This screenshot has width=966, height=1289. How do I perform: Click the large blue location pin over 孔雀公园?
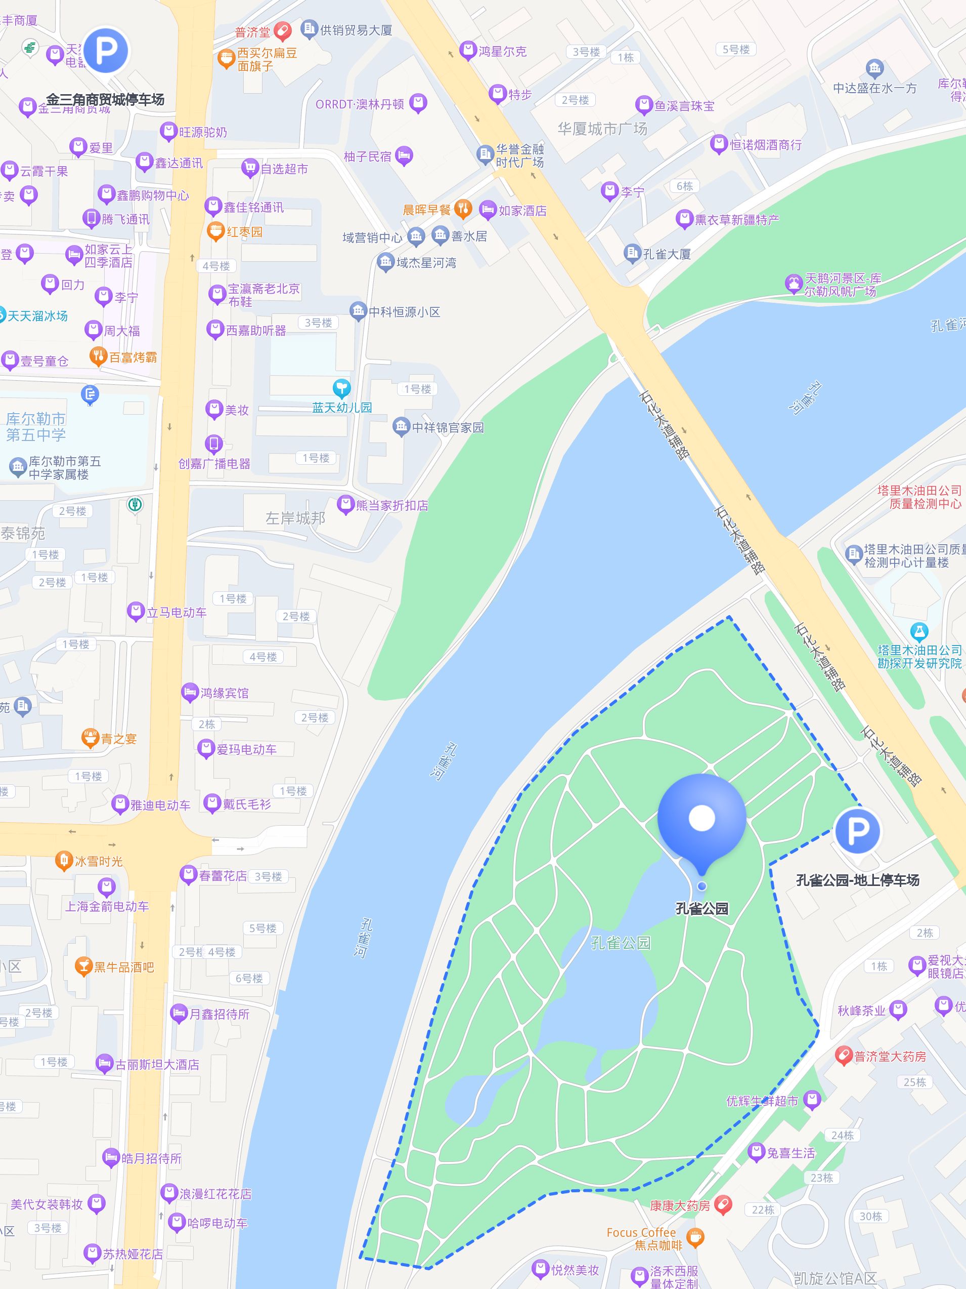click(x=701, y=819)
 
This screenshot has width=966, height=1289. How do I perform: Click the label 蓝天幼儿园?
click(x=342, y=408)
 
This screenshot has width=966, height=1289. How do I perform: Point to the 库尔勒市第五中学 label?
click(x=36, y=427)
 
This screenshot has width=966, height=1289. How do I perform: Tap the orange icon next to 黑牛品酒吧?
click(x=84, y=967)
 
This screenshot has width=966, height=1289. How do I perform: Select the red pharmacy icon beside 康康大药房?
click(x=723, y=1205)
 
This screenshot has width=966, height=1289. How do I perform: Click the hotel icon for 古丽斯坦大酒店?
click(x=104, y=1065)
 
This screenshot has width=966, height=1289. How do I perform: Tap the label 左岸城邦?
click(x=295, y=517)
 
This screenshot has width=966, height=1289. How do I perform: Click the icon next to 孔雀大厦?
click(x=632, y=254)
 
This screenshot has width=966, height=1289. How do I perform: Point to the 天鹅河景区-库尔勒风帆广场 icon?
click(x=793, y=285)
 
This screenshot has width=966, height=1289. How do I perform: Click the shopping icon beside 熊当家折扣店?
click(x=346, y=504)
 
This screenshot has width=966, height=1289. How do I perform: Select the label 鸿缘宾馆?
click(x=224, y=693)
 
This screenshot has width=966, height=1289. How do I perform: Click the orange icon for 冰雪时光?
click(x=63, y=860)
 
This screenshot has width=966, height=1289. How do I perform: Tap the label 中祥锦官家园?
click(x=447, y=427)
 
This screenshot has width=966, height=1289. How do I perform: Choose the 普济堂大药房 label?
click(x=889, y=1057)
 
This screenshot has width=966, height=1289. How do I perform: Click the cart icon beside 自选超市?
click(x=250, y=169)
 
